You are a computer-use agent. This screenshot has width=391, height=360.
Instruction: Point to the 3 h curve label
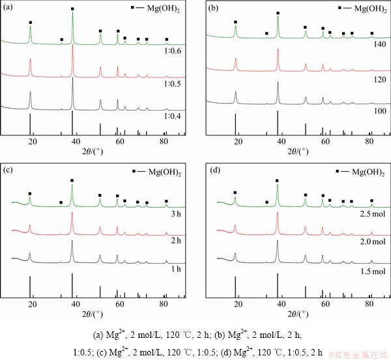point(174,214)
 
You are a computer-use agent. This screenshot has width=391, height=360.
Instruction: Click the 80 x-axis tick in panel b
point(369,141)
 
